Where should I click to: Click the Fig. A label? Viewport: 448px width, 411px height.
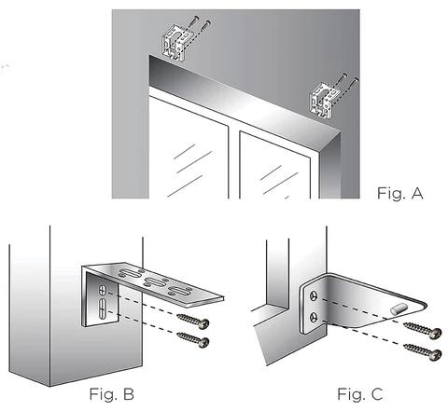click(x=400, y=193)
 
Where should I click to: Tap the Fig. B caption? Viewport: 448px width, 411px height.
click(x=111, y=394)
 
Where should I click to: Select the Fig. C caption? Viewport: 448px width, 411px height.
click(x=359, y=394)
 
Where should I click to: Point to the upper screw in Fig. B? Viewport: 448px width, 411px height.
click(x=193, y=321)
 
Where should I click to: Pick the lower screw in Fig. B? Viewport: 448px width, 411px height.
click(x=193, y=339)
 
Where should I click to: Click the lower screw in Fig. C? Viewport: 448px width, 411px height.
click(x=422, y=351)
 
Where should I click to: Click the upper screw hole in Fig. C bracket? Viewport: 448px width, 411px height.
click(x=314, y=296)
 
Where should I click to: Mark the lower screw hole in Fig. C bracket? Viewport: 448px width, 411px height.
click(x=314, y=317)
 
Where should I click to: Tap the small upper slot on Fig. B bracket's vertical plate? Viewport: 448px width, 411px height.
click(x=103, y=291)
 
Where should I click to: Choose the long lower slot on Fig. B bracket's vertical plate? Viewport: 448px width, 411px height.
click(x=103, y=308)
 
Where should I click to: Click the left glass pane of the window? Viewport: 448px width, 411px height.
click(x=189, y=147)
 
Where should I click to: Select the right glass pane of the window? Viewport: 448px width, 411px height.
click(x=275, y=166)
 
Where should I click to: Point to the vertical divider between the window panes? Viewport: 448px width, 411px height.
click(x=233, y=161)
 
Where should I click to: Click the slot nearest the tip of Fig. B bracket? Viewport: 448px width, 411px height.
click(x=179, y=291)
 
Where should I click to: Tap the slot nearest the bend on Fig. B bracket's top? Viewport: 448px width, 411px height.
click(x=130, y=273)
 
